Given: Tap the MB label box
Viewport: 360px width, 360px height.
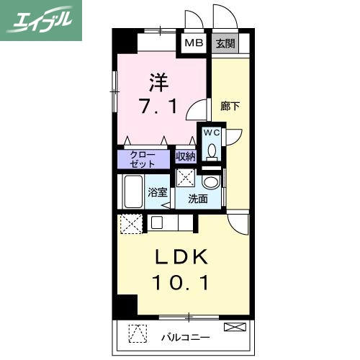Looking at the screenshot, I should tap(192, 42).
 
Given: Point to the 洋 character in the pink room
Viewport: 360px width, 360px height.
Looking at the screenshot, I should tap(159, 78).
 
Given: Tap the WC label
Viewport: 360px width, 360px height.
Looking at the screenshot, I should tap(212, 133).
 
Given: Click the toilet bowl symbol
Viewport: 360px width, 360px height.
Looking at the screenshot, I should tap(212, 150).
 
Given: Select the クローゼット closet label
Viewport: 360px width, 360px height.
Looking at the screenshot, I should tap(143, 158).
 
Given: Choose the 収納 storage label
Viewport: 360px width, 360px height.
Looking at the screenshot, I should tap(185, 156).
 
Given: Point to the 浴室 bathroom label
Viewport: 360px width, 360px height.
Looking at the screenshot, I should tap(156, 193).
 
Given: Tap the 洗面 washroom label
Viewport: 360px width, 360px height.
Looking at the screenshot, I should tap(198, 199).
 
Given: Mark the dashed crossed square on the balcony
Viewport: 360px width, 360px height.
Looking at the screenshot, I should tap(137, 334).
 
